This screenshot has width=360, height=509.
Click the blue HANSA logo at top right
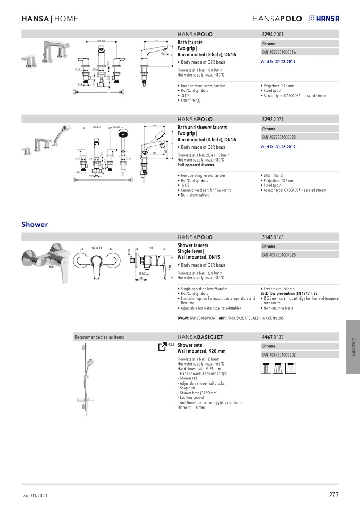point(324,19)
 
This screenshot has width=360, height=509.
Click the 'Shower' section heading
point(35,224)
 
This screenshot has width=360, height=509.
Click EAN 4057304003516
point(279,52)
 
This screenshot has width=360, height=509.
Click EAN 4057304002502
point(279,354)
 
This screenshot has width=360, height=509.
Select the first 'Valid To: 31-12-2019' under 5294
point(278,62)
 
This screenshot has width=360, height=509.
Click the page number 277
point(333,495)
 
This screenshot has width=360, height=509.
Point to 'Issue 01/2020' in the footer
point(35,495)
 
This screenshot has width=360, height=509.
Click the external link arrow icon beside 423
point(162,346)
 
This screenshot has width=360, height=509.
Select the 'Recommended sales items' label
point(99,337)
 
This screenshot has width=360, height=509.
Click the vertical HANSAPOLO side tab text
point(353,347)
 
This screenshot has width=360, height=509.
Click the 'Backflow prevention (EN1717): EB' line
point(289,293)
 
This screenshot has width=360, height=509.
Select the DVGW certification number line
point(231,318)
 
